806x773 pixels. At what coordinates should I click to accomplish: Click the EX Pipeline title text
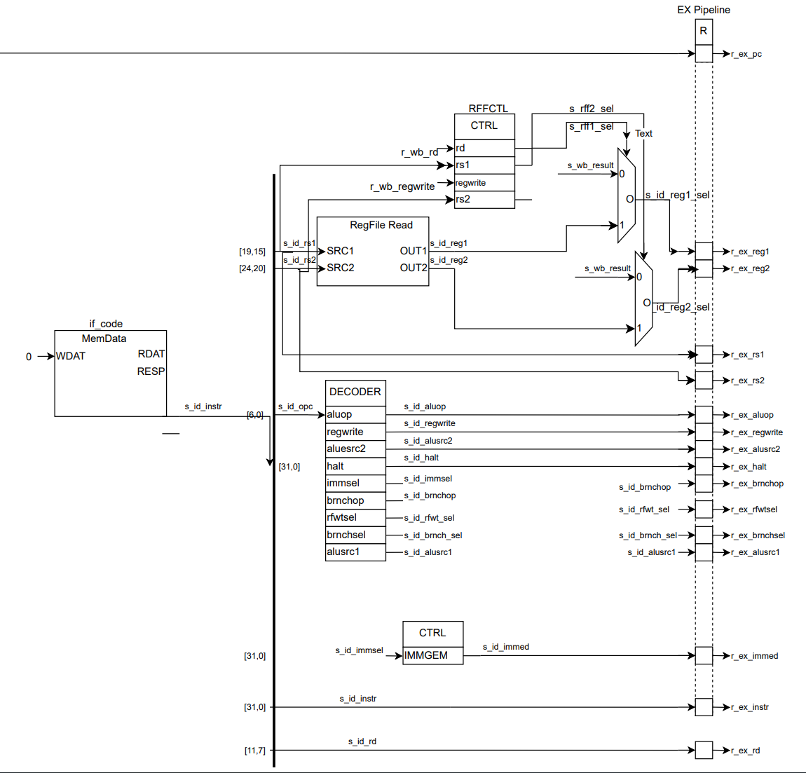tap(703, 10)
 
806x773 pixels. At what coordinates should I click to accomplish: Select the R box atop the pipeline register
tap(704, 32)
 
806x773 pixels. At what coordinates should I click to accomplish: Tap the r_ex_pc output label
tap(746, 54)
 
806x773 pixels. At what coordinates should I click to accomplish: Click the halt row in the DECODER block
tap(355, 466)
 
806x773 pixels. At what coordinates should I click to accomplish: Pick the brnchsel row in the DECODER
tap(355, 535)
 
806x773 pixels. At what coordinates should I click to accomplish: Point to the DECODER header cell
tap(355, 392)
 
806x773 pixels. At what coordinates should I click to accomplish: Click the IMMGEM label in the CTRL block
tap(426, 655)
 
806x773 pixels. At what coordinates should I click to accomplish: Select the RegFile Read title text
tap(381, 225)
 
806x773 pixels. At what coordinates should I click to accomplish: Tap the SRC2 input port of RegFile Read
tap(341, 268)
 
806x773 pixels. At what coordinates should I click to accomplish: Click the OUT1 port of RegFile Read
tap(413, 251)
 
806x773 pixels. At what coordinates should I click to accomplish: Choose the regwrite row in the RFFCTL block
tap(484, 183)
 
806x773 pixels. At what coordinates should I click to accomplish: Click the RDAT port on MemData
tap(151, 354)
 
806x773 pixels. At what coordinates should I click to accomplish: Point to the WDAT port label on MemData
tap(71, 356)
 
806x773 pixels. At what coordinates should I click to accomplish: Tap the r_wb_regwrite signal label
tap(402, 186)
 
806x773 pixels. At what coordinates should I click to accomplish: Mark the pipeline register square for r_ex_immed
tap(704, 655)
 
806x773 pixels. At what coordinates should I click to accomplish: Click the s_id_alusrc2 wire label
tap(428, 441)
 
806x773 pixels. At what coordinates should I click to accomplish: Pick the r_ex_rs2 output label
tap(748, 381)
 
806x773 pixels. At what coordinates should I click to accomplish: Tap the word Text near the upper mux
tap(643, 133)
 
